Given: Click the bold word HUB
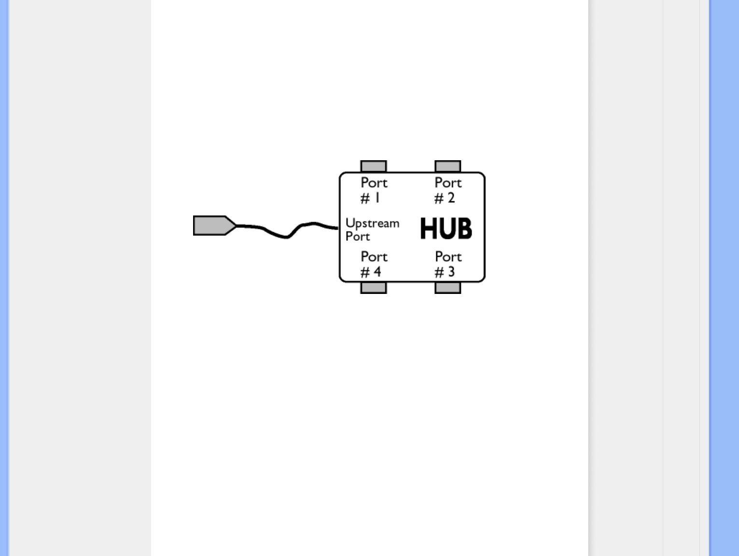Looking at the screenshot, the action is point(446,228).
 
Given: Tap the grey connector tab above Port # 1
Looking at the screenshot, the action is point(374,167).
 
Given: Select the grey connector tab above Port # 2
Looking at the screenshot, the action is point(448,167).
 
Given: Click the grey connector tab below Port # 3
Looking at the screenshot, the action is point(448,288).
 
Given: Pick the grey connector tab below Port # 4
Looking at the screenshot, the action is point(374,288).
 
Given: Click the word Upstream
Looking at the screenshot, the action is point(372,223).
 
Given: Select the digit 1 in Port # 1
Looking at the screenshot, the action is point(377,197).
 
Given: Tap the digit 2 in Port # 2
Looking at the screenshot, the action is point(451,197).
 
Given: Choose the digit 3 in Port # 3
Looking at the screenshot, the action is point(451,272).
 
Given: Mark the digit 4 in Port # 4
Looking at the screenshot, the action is point(377,272).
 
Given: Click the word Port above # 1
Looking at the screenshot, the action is point(374,182).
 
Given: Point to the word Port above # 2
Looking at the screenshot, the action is point(448,182).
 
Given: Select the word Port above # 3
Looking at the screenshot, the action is point(448,256).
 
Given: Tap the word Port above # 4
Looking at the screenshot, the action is point(374,256).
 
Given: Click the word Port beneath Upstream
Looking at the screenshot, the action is point(358,236).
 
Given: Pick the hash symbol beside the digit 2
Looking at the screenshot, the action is point(439,198).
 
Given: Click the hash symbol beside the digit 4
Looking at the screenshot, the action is point(365,273).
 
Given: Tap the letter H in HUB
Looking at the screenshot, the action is point(428,228).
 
